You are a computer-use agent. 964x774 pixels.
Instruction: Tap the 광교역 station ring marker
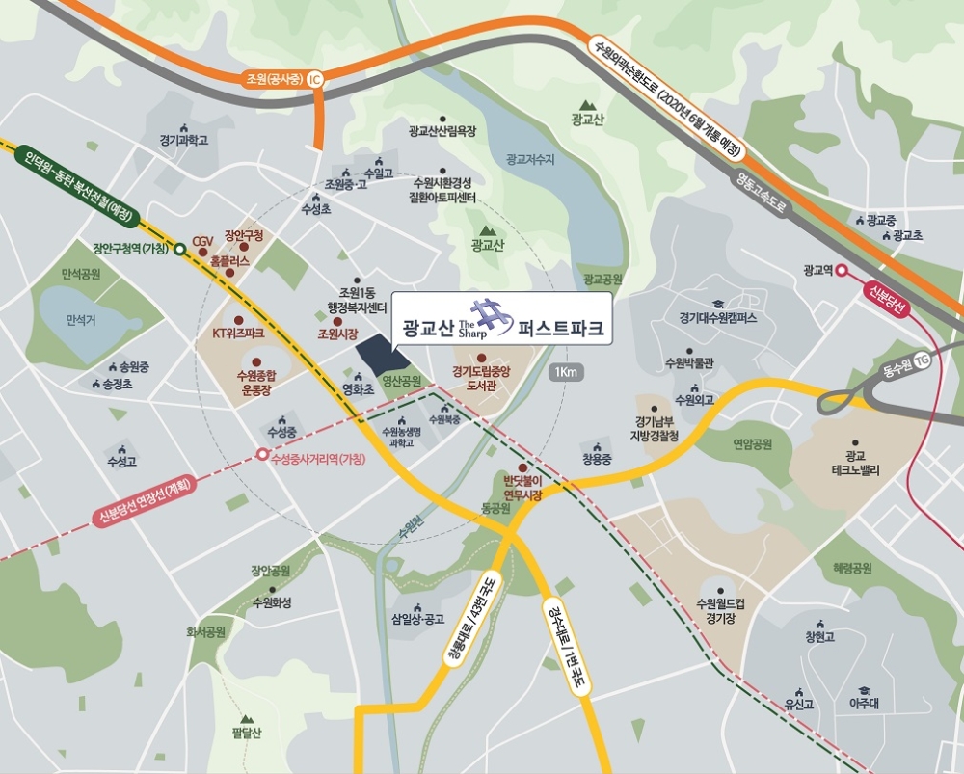tap(842, 271)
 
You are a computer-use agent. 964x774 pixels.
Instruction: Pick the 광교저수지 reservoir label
tap(530, 159)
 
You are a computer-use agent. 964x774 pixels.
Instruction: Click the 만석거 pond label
tap(81, 319)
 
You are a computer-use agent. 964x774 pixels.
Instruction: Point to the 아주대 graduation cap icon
tap(864, 688)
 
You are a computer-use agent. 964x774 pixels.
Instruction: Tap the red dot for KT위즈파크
tap(238, 319)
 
